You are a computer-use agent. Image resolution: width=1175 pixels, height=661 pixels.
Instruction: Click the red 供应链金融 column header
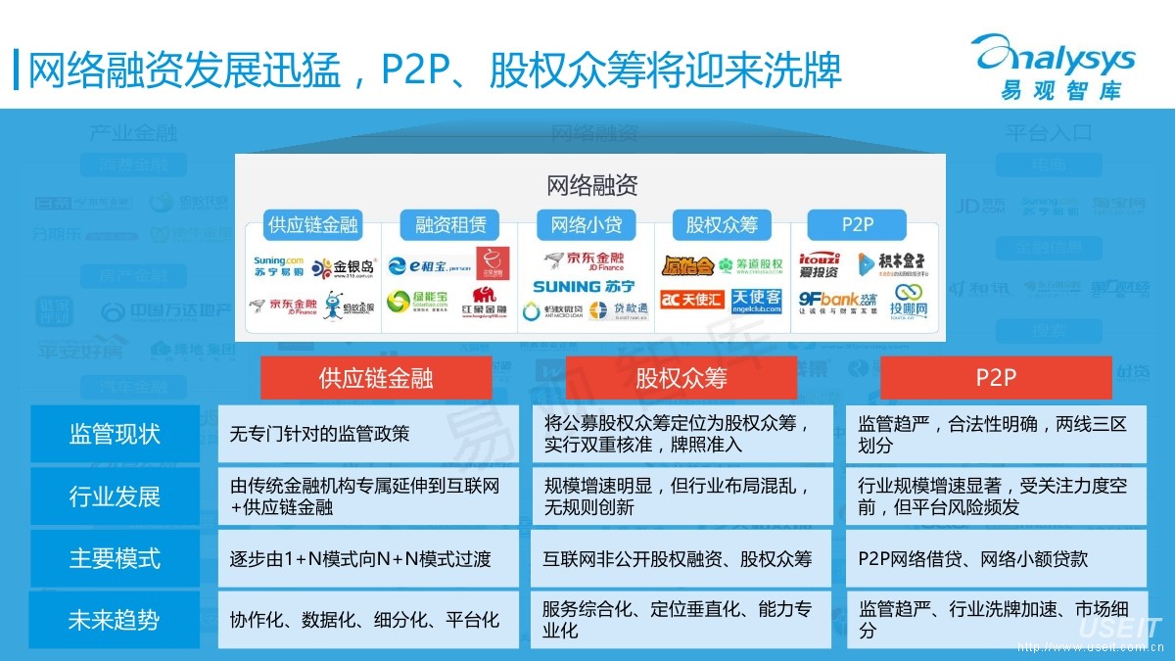[375, 378]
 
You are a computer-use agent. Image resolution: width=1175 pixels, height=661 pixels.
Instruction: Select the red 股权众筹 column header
[681, 378]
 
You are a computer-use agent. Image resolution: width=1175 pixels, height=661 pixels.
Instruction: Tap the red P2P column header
[995, 378]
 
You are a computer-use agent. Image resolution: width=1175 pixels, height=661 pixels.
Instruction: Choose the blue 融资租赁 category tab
[450, 224]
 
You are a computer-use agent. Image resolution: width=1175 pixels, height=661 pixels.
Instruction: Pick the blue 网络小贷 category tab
[586, 224]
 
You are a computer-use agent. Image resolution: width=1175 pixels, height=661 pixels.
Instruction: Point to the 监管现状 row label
[115, 434]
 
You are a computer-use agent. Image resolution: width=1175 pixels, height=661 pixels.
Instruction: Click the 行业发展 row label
[115, 496]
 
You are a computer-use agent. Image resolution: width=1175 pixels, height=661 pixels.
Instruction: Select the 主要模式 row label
[115, 559]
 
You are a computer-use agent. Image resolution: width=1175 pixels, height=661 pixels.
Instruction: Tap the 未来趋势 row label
[115, 620]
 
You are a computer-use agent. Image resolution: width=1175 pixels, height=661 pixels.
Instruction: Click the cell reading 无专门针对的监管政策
[368, 434]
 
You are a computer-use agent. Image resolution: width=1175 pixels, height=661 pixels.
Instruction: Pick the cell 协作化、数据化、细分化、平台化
[368, 620]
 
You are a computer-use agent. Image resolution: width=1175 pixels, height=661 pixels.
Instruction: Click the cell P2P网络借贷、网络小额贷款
[996, 559]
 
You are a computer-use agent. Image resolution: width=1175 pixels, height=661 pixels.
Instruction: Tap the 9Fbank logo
[837, 301]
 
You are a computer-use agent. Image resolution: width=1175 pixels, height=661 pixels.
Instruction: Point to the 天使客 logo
[757, 300]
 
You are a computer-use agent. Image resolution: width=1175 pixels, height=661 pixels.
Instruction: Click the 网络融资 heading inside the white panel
[591, 185]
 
